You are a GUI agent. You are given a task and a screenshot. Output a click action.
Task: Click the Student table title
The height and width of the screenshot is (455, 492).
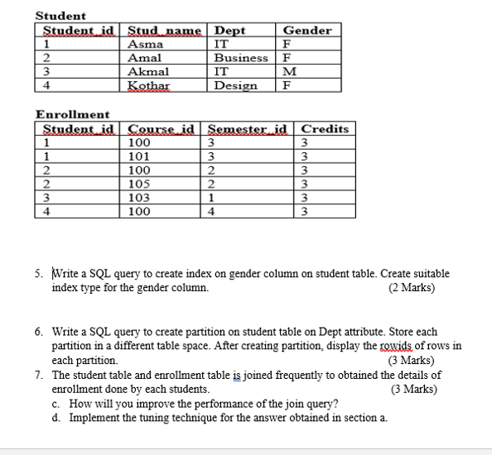tap(60, 16)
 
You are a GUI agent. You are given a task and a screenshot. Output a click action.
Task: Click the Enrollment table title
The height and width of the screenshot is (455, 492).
tap(72, 114)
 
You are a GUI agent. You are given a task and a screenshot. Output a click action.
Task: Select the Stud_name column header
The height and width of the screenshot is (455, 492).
tap(165, 31)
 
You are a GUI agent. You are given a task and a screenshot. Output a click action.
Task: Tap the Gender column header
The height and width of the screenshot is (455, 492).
tap(306, 31)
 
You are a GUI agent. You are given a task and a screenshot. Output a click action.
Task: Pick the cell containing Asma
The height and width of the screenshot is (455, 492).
tap(145, 45)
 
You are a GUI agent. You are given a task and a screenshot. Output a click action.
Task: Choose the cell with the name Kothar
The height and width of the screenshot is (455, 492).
tap(149, 85)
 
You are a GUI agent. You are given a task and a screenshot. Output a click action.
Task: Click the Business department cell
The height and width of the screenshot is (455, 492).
tap(241, 58)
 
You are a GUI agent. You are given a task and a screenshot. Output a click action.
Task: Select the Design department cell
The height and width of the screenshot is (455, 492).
tap(235, 85)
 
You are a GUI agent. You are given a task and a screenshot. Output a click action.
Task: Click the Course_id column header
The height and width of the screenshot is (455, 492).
tap(162, 128)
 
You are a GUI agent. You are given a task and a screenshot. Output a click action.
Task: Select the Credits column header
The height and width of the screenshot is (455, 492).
tap(325, 128)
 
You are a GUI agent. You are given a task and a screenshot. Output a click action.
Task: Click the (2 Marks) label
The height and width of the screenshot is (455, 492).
tap(412, 288)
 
